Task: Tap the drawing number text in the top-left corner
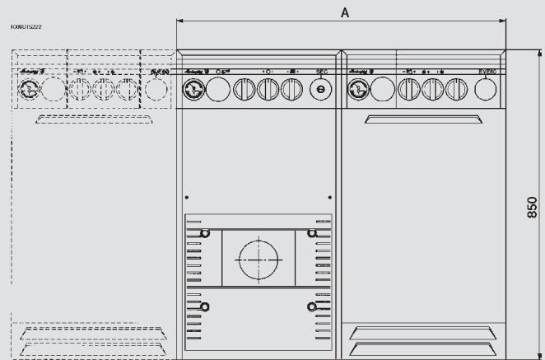(x=26, y=27)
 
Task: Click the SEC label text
(x=322, y=72)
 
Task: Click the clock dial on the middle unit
(x=193, y=89)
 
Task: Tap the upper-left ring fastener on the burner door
(x=205, y=234)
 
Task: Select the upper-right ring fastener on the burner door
(x=311, y=234)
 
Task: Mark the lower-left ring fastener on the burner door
(x=205, y=307)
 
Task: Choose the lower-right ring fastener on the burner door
(x=311, y=307)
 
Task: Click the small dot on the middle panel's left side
(x=188, y=198)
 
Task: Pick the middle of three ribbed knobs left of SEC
(x=268, y=89)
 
